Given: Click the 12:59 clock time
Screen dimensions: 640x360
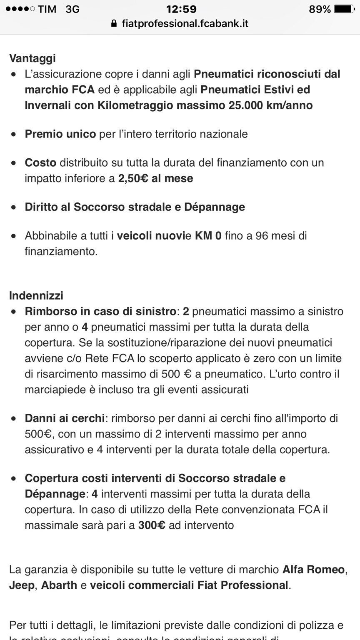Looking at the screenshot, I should coord(181,9).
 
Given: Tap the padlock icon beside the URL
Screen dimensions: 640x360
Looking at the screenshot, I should coord(114,24).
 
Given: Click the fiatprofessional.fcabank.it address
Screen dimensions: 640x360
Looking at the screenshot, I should coord(185,24).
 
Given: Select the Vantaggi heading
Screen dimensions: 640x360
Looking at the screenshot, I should coord(32,58).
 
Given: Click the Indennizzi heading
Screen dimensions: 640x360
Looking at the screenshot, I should coord(36,295).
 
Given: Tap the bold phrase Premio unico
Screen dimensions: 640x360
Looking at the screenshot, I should coord(60,134).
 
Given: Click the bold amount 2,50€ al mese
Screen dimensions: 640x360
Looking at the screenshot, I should coord(155,178).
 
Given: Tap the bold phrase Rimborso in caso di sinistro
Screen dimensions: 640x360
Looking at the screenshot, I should coord(100,311).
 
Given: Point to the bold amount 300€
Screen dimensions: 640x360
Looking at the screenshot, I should coord(152,525).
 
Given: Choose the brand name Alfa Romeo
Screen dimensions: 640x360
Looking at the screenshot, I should coord(313,569).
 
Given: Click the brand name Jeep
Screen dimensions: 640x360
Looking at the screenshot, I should coord(22,585).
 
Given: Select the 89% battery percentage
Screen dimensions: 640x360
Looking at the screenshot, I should coord(320,9).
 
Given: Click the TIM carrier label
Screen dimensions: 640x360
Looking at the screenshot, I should coord(47,9).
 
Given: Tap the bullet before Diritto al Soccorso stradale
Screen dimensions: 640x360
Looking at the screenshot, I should coord(15,207).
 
